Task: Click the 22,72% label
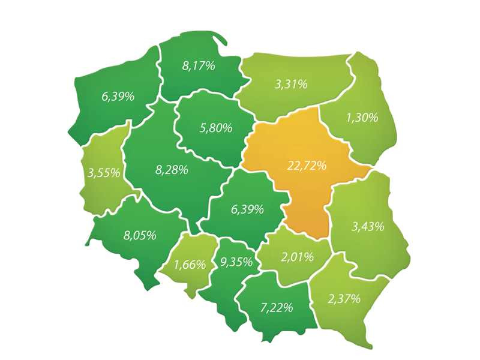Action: pyautogui.click(x=307, y=166)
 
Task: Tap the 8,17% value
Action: pyautogui.click(x=199, y=66)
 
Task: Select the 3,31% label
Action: pyautogui.click(x=291, y=85)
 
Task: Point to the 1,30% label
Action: pyautogui.click(x=362, y=118)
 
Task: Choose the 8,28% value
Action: pyautogui.click(x=172, y=170)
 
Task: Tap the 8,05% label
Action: pyautogui.click(x=140, y=235)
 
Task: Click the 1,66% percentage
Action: pyautogui.click(x=190, y=264)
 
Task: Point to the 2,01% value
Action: pyautogui.click(x=298, y=257)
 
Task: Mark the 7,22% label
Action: pyautogui.click(x=277, y=308)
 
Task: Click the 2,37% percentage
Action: pyautogui.click(x=344, y=298)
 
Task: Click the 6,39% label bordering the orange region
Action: pyautogui.click(x=247, y=209)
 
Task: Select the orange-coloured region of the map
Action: pyautogui.click(x=300, y=192)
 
